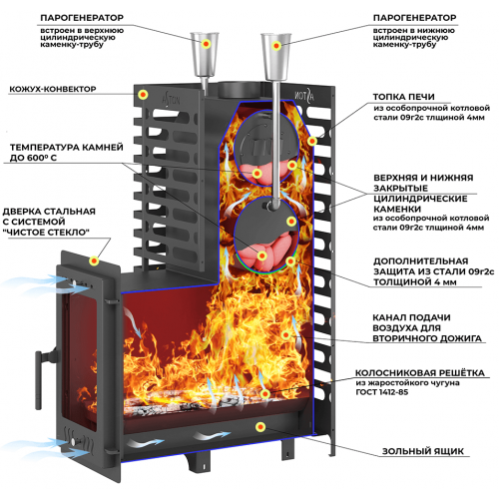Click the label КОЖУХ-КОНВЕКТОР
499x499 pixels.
coord(53,89)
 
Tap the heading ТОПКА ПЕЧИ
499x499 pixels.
coord(403,97)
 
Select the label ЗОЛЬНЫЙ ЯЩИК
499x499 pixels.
coord(422,451)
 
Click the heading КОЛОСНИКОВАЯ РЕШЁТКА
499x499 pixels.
coord(420,373)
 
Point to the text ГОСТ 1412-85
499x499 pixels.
coord(381,392)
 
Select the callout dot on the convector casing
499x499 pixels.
coord(143,95)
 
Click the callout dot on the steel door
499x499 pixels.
coord(95,260)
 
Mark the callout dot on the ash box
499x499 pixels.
coord(260,427)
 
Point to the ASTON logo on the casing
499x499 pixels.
coord(171,98)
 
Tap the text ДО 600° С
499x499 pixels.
coord(33,158)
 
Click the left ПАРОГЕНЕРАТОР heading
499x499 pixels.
coord(82,18)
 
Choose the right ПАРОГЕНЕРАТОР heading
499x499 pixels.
coord(414,18)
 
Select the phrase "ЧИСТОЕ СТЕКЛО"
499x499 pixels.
coord(46,233)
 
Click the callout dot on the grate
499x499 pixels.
coord(264,394)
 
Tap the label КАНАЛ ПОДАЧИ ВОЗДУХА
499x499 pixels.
coord(411,322)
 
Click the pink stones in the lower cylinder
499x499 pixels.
coord(266,252)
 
